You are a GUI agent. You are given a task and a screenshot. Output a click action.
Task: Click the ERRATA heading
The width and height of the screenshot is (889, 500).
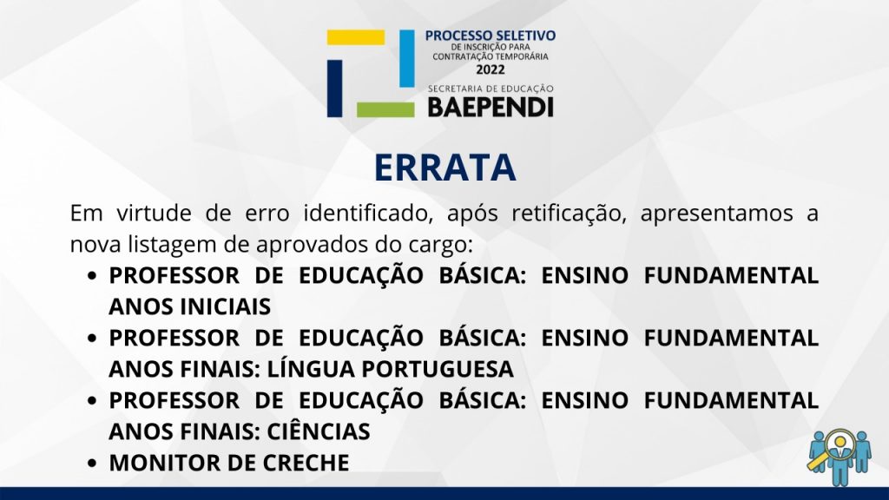point(445,168)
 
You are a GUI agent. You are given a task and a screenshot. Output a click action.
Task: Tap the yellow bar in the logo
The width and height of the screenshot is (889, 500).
point(355,37)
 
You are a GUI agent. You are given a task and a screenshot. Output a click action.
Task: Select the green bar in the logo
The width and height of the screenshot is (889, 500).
point(385,109)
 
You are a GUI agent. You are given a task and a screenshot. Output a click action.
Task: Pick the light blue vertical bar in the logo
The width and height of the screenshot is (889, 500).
point(406,58)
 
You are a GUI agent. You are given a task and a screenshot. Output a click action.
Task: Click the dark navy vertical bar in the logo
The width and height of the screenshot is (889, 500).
point(334,89)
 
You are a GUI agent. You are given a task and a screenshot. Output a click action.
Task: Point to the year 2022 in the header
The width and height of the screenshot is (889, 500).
point(491,69)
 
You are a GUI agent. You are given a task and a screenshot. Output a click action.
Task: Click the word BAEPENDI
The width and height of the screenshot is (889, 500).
point(491,107)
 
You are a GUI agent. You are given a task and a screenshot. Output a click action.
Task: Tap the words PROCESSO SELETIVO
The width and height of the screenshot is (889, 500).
point(491,36)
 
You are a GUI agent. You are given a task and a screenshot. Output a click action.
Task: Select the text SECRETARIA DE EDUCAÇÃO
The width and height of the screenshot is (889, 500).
point(491,89)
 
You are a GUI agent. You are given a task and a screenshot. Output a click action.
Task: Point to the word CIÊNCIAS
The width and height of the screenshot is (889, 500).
point(319,431)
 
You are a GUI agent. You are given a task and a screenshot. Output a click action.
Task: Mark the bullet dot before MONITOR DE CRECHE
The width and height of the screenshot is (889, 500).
point(92,464)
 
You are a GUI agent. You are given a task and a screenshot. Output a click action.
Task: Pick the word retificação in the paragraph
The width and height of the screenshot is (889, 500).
point(569,214)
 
